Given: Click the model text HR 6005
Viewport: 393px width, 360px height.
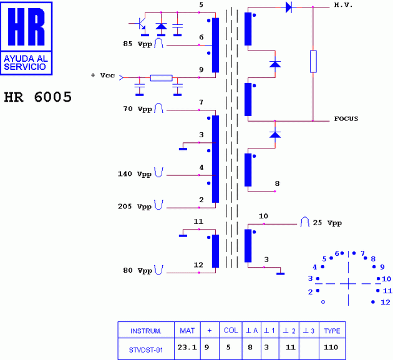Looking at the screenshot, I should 37,97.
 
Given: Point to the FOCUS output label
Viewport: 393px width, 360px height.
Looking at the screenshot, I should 346,119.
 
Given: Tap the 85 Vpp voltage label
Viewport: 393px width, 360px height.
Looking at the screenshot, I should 137,44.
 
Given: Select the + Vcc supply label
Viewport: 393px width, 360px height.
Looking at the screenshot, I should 102,75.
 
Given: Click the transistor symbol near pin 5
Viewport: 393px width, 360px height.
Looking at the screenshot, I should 142,25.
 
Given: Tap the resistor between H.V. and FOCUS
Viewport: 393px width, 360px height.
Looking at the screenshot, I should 313,62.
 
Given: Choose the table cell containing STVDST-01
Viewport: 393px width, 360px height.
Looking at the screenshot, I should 147,350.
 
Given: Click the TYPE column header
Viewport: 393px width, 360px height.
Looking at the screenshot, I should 332,331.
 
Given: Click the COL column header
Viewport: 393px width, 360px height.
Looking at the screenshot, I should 231,331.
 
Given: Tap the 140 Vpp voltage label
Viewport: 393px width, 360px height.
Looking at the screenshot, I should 135,173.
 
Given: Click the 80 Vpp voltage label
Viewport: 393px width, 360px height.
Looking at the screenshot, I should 137,271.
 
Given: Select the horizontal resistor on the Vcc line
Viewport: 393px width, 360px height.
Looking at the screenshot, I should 162,78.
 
